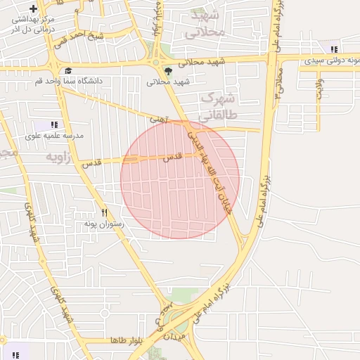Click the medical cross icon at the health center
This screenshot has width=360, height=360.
click(33, 8)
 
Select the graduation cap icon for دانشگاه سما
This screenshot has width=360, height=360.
click(68, 71)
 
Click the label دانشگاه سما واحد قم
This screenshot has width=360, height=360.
click(69, 82)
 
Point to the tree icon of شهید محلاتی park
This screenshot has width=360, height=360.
click(168, 71)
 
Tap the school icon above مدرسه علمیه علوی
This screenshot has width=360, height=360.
click(54, 124)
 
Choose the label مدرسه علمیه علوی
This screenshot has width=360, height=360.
click(55, 135)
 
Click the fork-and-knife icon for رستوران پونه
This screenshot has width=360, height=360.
click(104, 212)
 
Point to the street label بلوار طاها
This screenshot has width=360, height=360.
click(126, 340)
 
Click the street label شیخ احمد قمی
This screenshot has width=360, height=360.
click(82, 35)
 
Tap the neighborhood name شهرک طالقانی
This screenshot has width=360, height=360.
click(219, 105)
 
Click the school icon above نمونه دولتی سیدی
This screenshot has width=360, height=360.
click(334, 49)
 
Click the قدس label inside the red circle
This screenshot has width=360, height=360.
click(172, 159)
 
